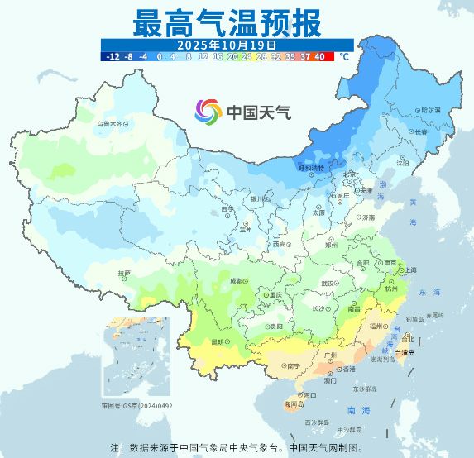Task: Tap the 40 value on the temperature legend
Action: pos(319,57)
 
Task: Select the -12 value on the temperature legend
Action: pos(113,57)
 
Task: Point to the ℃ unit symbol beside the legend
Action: pos(343,57)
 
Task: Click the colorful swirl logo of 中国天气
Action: pos(208,111)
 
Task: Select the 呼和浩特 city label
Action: pos(312,168)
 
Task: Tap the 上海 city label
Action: pos(408,270)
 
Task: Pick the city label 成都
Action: pos(237,281)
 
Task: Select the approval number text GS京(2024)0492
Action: pos(137,406)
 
